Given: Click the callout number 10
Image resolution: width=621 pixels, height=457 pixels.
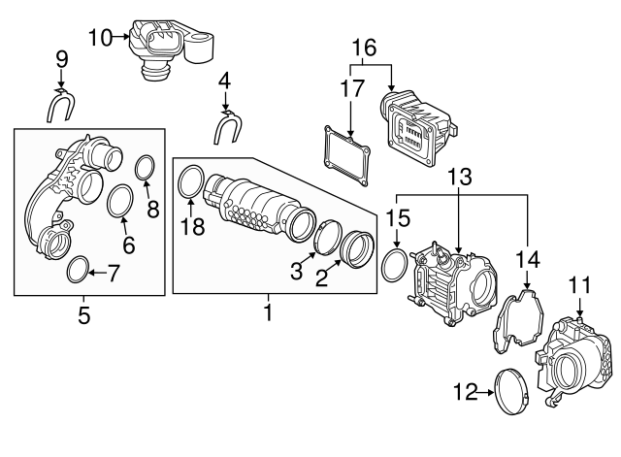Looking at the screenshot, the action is pyautogui.click(x=100, y=38).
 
